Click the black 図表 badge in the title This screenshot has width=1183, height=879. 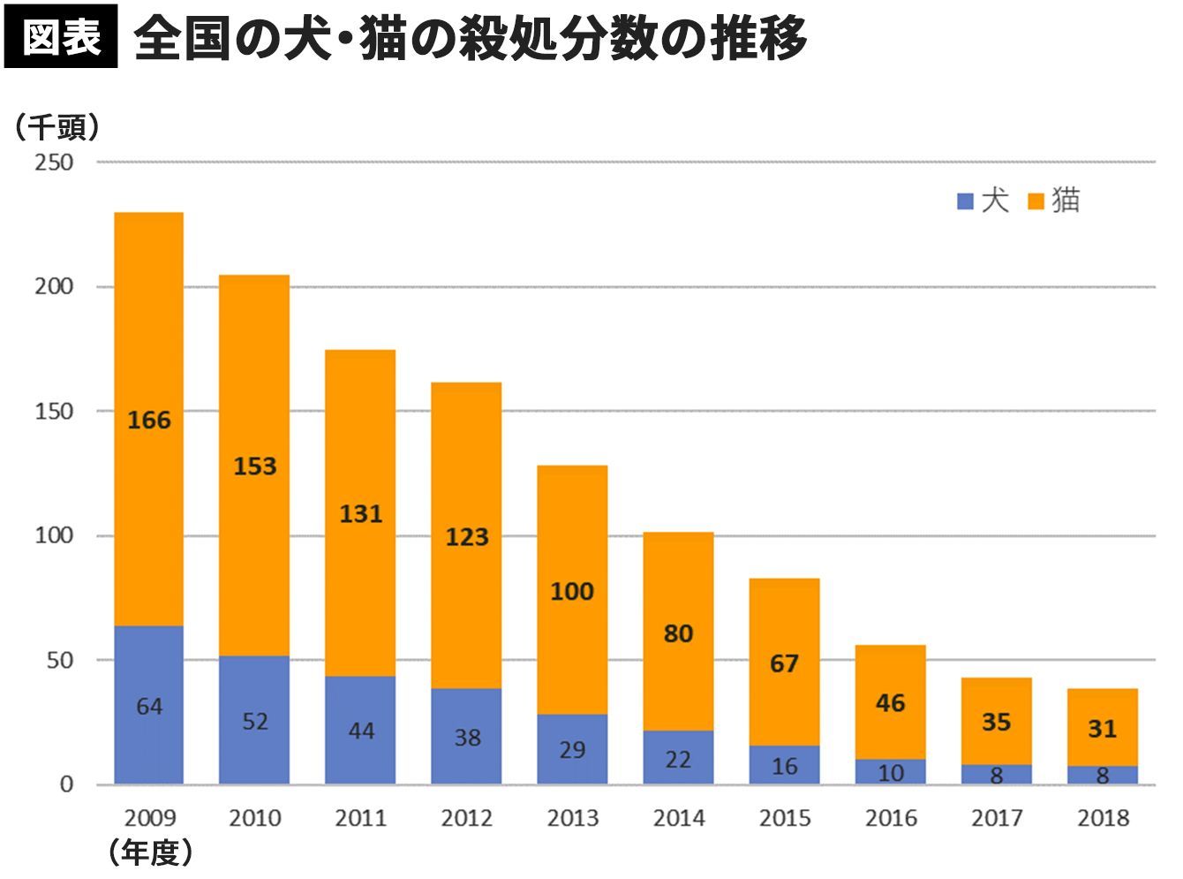coord(60,36)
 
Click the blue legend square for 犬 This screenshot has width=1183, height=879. coord(965,201)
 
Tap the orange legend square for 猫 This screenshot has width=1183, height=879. coord(1036,201)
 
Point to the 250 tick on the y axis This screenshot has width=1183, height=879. coord(54,163)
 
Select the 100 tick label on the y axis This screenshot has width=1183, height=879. coord(54,535)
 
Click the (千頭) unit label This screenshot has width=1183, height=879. coord(57,128)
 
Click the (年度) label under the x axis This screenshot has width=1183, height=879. coord(150,852)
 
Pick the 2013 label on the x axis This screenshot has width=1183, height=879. coord(572,818)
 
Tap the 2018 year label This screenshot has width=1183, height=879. coord(1103,818)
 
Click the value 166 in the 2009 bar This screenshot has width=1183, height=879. coord(148,420)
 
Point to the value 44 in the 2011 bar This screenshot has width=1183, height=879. coord(361,731)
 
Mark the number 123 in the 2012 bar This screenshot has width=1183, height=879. coord(466,536)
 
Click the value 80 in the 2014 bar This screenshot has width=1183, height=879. coord(678,633)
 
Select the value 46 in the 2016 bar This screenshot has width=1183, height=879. coord(890,703)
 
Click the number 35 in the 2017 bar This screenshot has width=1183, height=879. coord(996,722)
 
